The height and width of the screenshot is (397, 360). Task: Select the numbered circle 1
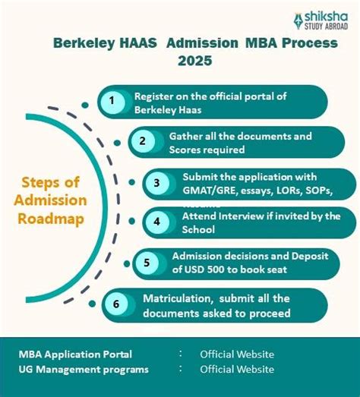point(112,101)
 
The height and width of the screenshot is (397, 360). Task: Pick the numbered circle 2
point(141,140)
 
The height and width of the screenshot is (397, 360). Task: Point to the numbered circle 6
point(116,304)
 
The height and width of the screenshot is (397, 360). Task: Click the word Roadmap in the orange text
point(51,217)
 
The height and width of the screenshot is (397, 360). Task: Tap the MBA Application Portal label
point(76,354)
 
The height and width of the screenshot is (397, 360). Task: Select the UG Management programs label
point(84,369)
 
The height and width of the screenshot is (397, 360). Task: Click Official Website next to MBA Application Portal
point(236,354)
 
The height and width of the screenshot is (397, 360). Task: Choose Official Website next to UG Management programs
point(236,369)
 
